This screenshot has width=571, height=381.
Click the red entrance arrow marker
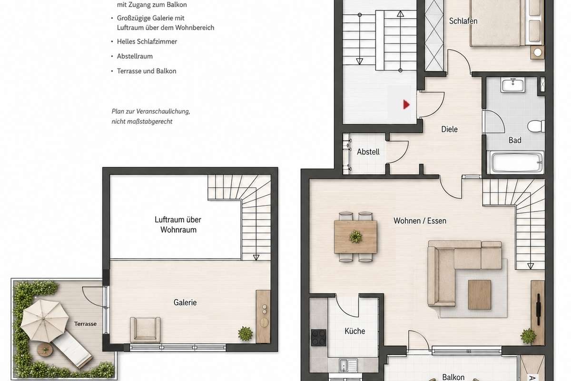406,104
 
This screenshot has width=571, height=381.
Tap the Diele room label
449,129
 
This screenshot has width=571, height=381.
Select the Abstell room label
368,152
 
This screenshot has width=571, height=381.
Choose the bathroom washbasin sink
513,85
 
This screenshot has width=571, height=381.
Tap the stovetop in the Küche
319,338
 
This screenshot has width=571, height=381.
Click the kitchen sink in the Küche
348,365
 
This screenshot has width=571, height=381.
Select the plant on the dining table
355,236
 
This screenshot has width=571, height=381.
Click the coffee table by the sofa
480,295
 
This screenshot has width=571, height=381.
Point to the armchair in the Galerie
145,330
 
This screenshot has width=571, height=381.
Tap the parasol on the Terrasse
44,321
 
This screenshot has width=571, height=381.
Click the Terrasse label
85,324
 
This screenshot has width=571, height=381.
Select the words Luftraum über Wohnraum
178,225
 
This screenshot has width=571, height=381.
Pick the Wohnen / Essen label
420,221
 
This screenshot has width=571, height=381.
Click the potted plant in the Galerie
245,334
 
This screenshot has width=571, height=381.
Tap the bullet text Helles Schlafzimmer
147,41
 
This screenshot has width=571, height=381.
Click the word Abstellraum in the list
135,56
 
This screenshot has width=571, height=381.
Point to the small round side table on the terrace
45,350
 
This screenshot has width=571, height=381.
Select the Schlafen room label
463,21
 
